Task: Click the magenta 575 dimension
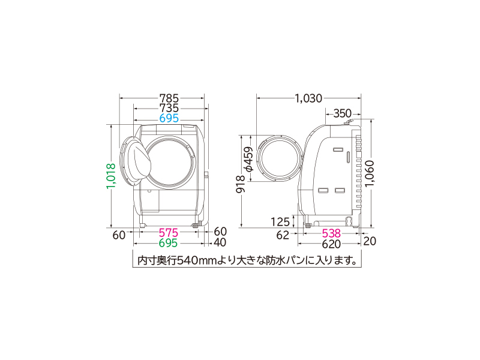(170, 233)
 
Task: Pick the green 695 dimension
(170, 244)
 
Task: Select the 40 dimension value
(220, 244)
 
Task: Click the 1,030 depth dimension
(308, 98)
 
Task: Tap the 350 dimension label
(342, 113)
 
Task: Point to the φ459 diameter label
(248, 160)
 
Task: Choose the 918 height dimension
(239, 184)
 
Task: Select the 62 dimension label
(283, 234)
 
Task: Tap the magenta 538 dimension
(331, 233)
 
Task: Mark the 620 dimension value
(331, 244)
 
